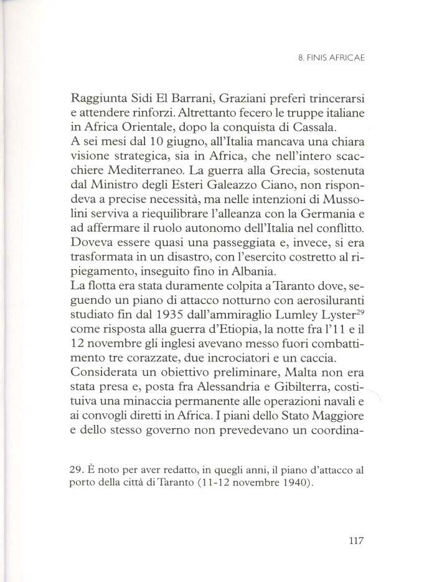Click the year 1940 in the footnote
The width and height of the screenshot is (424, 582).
click(294, 485)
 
